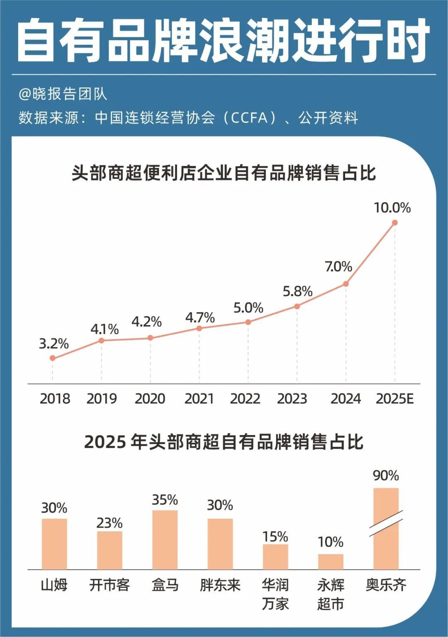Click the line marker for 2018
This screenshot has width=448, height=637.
[52, 358]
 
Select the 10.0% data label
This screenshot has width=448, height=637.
[392, 207]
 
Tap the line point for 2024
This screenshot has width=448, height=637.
[346, 284]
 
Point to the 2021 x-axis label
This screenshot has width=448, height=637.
[199, 399]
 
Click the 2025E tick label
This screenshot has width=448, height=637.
[394, 399]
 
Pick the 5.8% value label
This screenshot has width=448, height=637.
[297, 291]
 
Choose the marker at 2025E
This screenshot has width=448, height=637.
[394, 223]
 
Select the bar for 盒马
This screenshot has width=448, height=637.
[165, 540]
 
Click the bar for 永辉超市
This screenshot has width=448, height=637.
[331, 562]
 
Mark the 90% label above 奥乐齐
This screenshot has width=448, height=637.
[386, 475]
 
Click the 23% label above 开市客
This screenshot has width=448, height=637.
[110, 523]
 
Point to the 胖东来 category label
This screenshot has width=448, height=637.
[220, 585]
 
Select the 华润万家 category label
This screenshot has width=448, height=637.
[275, 594]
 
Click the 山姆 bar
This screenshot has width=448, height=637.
[54, 544]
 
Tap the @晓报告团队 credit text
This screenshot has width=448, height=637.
[63, 94]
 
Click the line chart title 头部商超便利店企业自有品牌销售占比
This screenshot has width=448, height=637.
[224, 173]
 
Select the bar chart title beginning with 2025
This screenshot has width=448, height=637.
[224, 442]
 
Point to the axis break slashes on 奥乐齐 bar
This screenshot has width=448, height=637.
[386, 523]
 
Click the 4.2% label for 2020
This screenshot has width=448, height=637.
[146, 321]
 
